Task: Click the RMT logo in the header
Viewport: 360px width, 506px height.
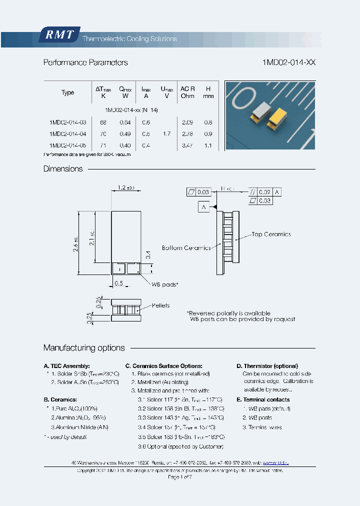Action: (59, 34)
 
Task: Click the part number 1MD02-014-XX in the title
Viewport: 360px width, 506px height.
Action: (288, 63)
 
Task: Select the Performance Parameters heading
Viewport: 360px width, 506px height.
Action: (85, 63)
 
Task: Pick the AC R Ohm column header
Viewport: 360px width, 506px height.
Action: (187, 92)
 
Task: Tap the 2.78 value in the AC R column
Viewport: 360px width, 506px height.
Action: (187, 133)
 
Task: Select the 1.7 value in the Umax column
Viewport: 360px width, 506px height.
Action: (166, 133)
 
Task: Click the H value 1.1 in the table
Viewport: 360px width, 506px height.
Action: (208, 145)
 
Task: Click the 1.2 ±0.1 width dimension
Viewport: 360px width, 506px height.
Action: (125, 187)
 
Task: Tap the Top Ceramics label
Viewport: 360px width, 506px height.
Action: (270, 234)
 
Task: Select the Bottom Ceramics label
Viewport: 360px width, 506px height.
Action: (186, 248)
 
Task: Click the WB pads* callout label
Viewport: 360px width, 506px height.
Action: (164, 284)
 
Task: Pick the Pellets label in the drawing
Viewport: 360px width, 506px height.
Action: (160, 305)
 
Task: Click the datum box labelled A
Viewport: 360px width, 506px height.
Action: (204, 206)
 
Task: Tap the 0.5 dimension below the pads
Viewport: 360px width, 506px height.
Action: (118, 283)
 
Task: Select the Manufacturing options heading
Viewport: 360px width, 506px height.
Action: (84, 348)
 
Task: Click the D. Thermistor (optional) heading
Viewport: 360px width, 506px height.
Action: (267, 366)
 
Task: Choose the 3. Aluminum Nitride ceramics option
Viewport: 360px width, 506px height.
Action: (79, 427)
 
